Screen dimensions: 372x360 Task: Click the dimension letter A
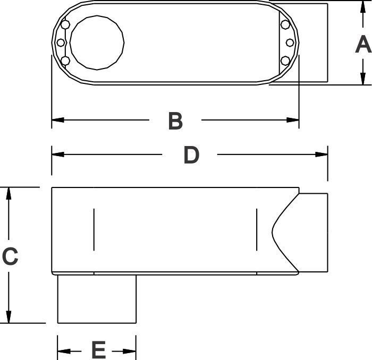pyautogui.click(x=363, y=44)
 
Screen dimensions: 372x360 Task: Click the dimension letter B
pyautogui.click(x=175, y=121)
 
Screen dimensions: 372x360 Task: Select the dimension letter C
pyautogui.click(x=10, y=256)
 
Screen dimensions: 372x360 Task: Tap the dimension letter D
pyautogui.click(x=191, y=155)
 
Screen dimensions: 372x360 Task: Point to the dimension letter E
pyautogui.click(x=99, y=350)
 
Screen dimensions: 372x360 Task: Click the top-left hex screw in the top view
pyautogui.click(x=65, y=24)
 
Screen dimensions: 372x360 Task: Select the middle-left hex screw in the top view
pyautogui.click(x=61, y=42)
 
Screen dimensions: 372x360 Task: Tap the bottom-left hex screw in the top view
pyautogui.click(x=65, y=61)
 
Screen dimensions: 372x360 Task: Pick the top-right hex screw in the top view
pyautogui.click(x=285, y=24)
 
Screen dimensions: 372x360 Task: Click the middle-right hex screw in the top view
pyautogui.click(x=290, y=42)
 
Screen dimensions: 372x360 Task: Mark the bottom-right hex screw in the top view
pyautogui.click(x=285, y=61)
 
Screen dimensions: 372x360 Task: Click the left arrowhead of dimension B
pyautogui.click(x=58, y=120)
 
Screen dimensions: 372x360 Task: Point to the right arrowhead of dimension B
pyautogui.click(x=293, y=120)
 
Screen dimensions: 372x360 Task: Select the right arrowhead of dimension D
pyautogui.click(x=322, y=155)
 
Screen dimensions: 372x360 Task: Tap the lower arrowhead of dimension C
pyautogui.click(x=9, y=317)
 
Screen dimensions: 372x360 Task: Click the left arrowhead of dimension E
pyautogui.click(x=64, y=351)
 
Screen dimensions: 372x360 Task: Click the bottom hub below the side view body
pyautogui.click(x=97, y=299)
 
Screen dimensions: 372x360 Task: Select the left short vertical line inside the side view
pyautogui.click(x=94, y=229)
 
